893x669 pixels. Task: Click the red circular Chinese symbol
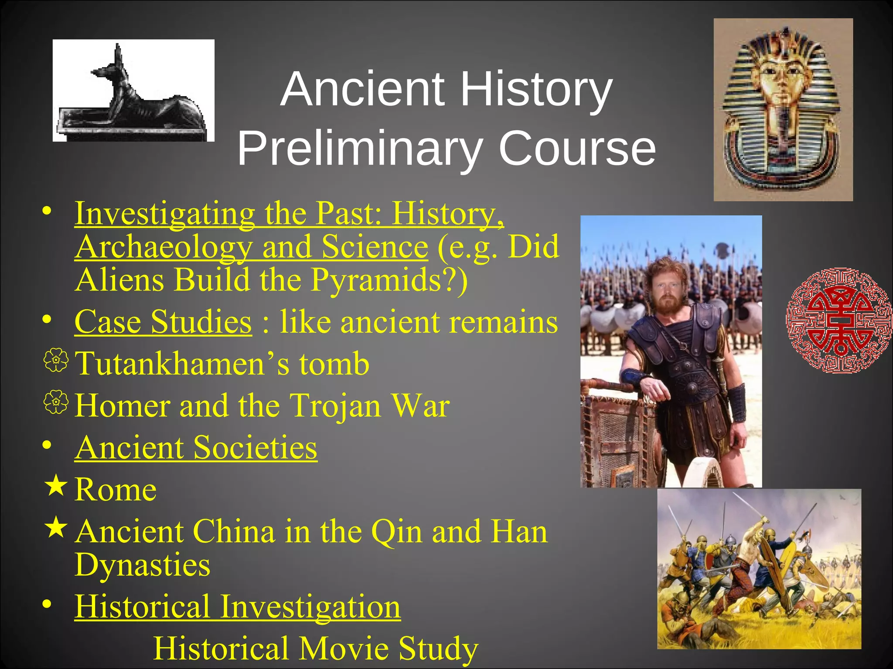pyautogui.click(x=838, y=320)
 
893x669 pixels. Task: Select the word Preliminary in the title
pyautogui.click(x=358, y=149)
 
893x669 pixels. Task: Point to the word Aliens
pyautogui.click(x=119, y=280)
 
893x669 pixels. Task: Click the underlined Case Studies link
pyautogui.click(x=163, y=322)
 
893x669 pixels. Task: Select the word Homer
pyautogui.click(x=122, y=405)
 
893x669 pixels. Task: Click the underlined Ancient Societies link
pyautogui.click(x=196, y=447)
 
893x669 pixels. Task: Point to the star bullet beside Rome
pyautogui.click(x=56, y=486)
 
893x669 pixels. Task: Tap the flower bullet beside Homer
pyautogui.click(x=56, y=402)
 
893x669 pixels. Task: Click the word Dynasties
pyautogui.click(x=142, y=565)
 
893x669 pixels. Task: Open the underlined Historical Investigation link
pyautogui.click(x=237, y=606)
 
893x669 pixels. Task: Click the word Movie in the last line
pyautogui.click(x=344, y=648)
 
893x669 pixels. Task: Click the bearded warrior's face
pyautogui.click(x=666, y=290)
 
